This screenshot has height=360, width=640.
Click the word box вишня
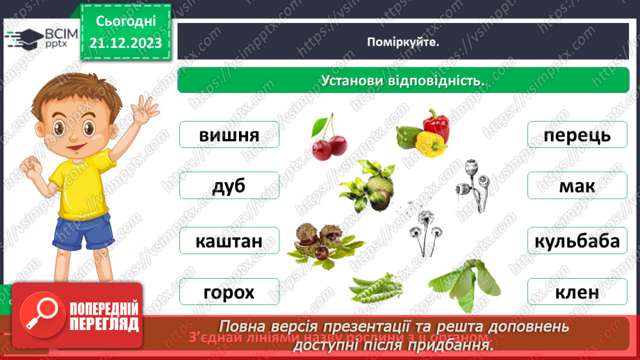pyautogui.click(x=229, y=135)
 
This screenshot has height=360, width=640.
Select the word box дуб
pyautogui.click(x=229, y=186)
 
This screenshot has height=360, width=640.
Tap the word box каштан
pyautogui.click(x=229, y=241)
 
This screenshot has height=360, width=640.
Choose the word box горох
pyautogui.click(x=229, y=292)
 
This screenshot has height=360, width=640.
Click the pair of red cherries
pyautogui.click(x=329, y=144)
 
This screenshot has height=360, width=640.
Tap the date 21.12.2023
pyautogui.click(x=125, y=43)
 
